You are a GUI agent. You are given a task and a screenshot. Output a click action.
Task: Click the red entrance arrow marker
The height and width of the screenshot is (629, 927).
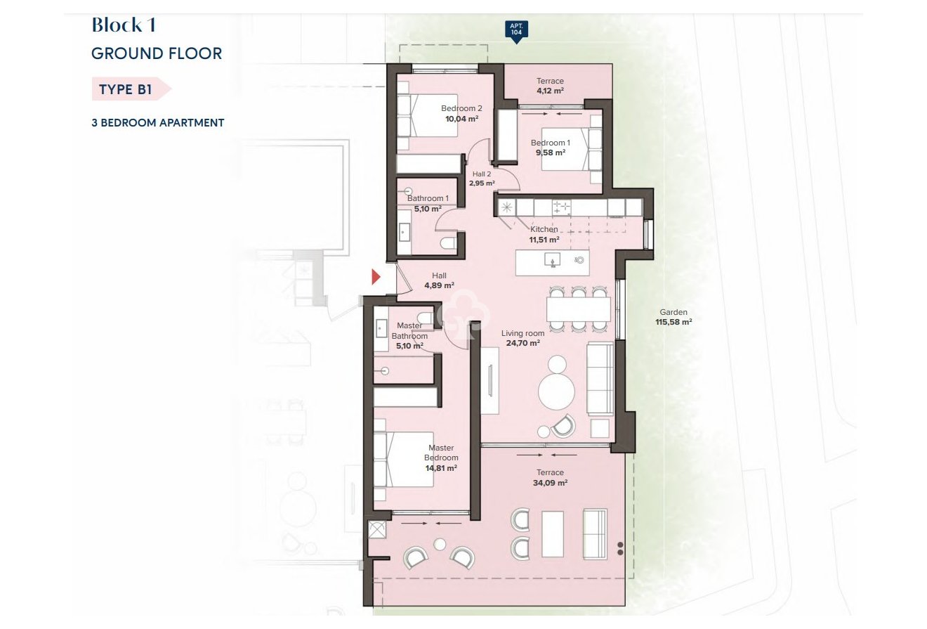(376, 277)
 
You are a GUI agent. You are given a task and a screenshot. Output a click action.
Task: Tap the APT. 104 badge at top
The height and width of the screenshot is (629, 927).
(516, 30)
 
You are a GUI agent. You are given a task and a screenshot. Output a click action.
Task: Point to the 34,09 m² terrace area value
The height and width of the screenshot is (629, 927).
(550, 483)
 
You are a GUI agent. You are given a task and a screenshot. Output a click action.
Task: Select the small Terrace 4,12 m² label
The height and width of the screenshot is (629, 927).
(550, 86)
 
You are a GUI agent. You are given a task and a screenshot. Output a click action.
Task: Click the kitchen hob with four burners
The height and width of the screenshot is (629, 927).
(561, 207)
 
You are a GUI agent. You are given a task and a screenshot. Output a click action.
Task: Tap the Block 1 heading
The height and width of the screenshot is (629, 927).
(124, 25)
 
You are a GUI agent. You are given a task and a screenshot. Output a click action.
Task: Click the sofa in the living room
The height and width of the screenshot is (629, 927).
(600, 377)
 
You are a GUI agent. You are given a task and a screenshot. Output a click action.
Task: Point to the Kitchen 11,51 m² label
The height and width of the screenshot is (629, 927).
(544, 234)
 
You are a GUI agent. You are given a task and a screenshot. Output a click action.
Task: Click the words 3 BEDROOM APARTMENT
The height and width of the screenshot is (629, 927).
(158, 122)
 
